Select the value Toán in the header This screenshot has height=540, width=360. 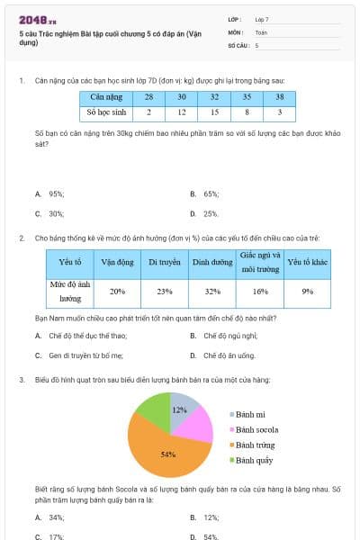click(261, 31)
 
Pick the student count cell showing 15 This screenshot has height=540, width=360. click(214, 112)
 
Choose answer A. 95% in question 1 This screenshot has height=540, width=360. click(50, 193)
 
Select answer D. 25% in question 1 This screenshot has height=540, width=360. click(211, 213)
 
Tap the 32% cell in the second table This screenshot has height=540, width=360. click(212, 292)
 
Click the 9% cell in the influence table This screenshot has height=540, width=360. click(307, 292)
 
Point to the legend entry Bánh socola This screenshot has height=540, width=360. click(256, 430)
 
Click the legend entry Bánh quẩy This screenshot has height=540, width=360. click(255, 460)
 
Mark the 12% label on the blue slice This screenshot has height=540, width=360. click(180, 409)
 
